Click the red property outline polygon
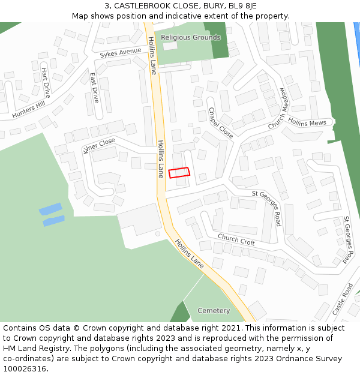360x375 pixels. (x=179, y=173)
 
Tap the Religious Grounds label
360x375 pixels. (x=190, y=37)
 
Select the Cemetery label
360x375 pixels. (x=214, y=311)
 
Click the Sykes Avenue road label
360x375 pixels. (x=121, y=53)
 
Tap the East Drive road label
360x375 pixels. (x=94, y=88)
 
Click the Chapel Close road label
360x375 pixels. (x=220, y=123)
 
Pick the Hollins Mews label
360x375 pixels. (x=307, y=122)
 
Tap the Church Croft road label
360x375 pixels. (x=236, y=239)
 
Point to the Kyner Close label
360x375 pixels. (x=99, y=145)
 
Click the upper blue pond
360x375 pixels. (x=50, y=209)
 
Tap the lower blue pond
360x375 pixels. (x=53, y=221)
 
